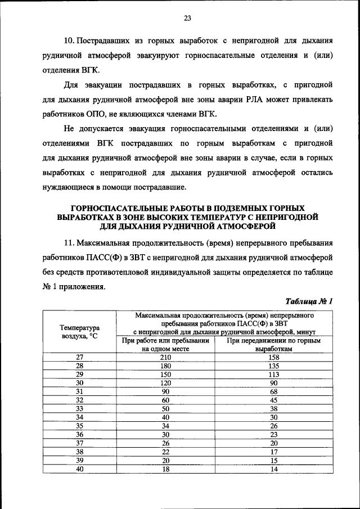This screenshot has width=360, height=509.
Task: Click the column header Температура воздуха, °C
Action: coord(79,331)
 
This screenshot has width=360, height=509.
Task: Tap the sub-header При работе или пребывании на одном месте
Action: coord(165,344)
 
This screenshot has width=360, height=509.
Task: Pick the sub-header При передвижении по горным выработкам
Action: coord(274,344)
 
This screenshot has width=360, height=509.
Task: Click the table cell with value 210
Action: coord(165,357)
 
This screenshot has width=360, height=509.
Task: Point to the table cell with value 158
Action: coord(274,357)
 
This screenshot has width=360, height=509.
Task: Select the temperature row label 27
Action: coord(79,357)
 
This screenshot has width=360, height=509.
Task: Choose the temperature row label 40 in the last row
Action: coord(79,469)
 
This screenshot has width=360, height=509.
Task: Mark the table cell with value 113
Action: coord(274,374)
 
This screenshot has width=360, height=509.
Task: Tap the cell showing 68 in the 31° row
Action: coord(274,391)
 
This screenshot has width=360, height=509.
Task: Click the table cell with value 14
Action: coord(274,469)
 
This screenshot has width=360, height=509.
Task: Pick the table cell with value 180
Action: coord(165,366)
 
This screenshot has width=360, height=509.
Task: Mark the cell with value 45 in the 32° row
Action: coord(274,400)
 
